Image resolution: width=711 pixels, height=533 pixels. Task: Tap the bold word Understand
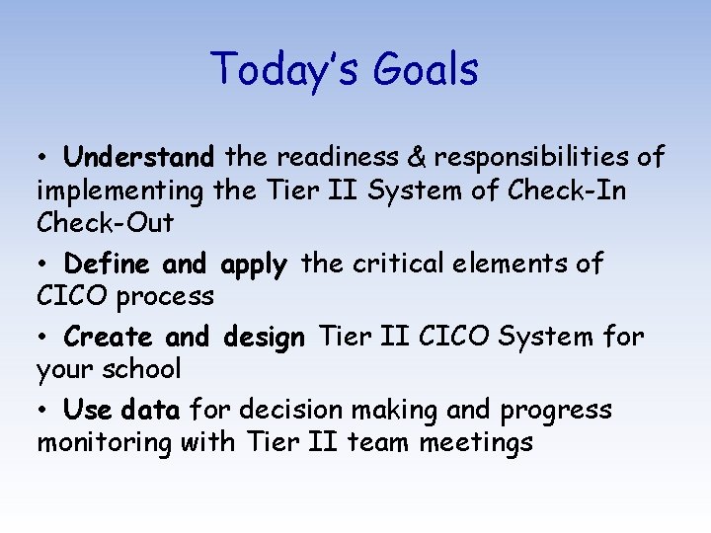138,157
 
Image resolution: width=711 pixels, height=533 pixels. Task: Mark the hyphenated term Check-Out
105,223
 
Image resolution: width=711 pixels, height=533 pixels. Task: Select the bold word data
151,410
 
